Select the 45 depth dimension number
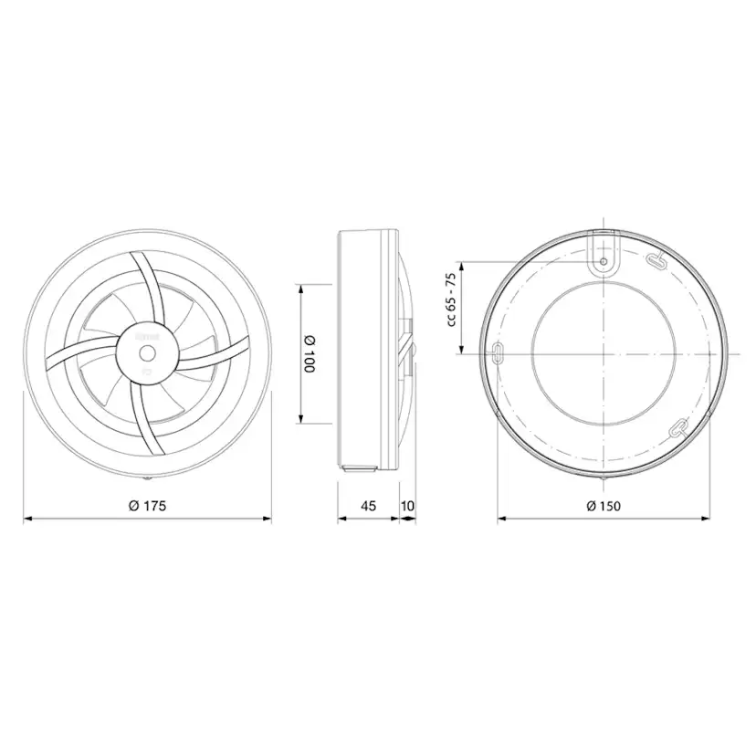368,505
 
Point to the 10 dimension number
407,505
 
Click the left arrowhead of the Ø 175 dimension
26,520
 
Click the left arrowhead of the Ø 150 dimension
501,520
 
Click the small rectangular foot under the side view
359,468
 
